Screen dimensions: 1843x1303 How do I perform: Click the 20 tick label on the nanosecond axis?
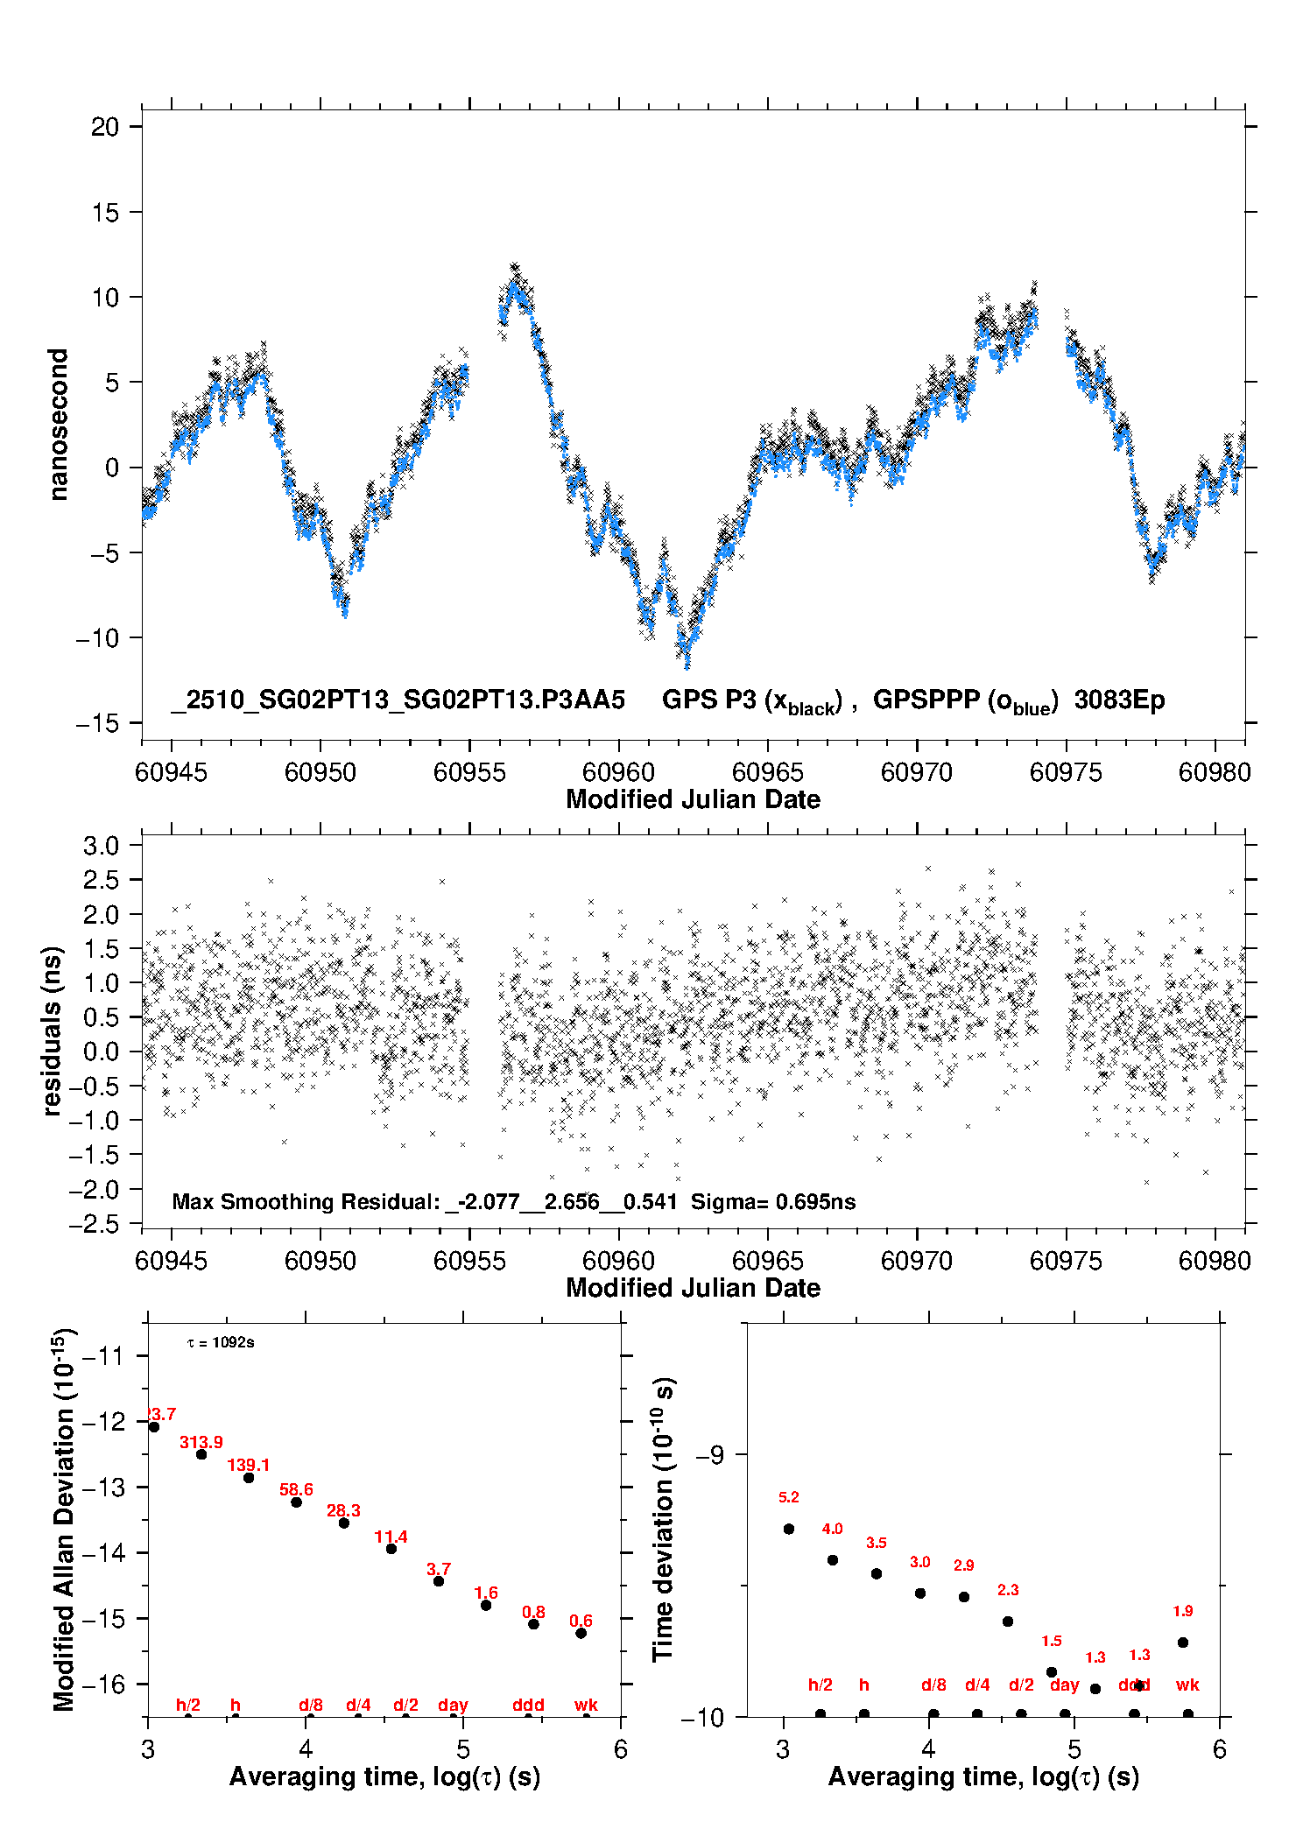[104, 127]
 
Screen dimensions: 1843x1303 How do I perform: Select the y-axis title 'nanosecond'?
[58, 424]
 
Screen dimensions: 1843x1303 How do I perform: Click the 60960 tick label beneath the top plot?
[618, 772]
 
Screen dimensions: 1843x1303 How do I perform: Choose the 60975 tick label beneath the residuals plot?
[1066, 1261]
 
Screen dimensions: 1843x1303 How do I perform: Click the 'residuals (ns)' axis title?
[53, 1031]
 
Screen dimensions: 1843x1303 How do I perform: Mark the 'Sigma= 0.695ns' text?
[773, 1201]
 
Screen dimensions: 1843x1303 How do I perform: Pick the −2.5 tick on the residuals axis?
[100, 1224]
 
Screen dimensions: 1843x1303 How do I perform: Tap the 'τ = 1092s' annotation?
[221, 1342]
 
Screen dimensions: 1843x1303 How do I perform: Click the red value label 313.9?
[201, 1442]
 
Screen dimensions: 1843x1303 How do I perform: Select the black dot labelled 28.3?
[344, 1523]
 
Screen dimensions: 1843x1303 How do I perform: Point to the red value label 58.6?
[296, 1489]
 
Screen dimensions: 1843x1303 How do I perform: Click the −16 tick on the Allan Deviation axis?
[103, 1684]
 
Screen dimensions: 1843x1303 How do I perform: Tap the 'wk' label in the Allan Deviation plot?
[586, 1705]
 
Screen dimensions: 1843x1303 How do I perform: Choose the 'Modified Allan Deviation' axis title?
[63, 1519]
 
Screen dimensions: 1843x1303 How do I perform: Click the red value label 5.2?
[788, 1497]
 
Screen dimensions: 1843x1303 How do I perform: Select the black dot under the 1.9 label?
[1183, 1643]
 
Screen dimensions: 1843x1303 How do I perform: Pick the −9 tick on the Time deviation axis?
[709, 1454]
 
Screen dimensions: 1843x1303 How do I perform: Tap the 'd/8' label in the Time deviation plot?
[933, 1685]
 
